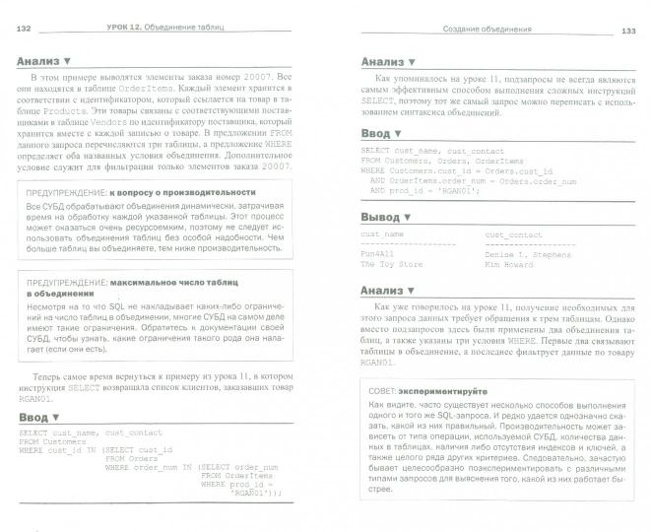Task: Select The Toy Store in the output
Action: pos(391,264)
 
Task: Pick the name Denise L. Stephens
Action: pos(528,254)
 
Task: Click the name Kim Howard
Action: pos(511,264)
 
